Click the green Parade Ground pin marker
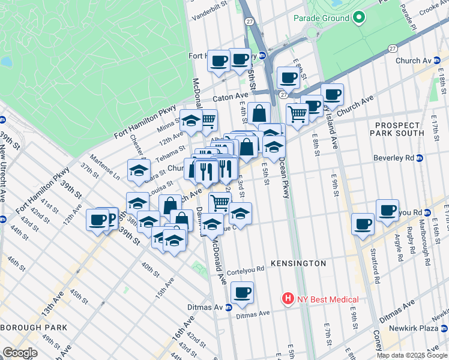[359, 17]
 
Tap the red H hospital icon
[289, 299]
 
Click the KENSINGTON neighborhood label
[298, 263]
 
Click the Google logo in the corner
[20, 353]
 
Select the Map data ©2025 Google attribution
[412, 355]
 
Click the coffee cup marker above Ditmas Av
[242, 292]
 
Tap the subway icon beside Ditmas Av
[229, 308]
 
